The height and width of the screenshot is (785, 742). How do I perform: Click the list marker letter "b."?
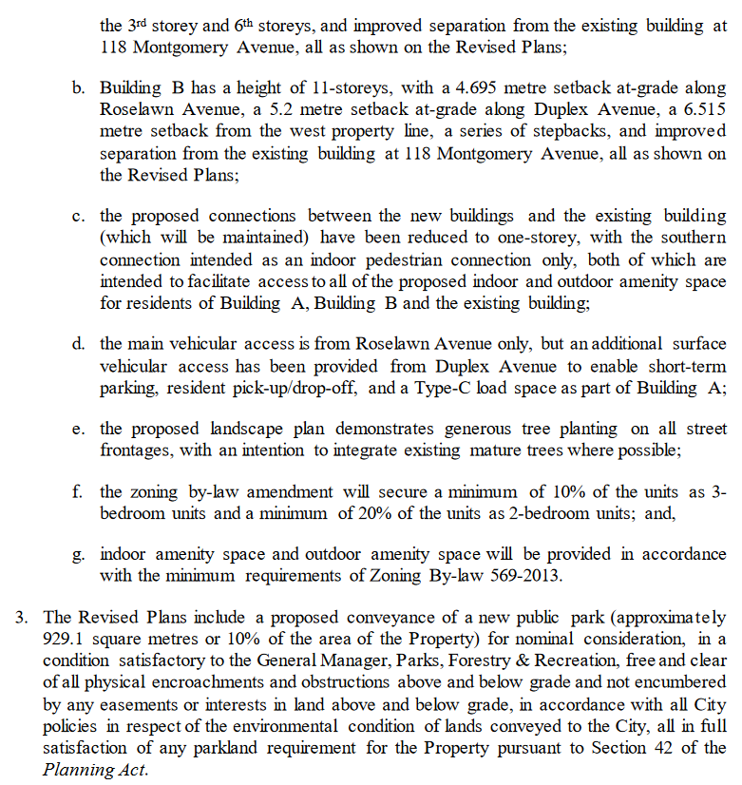click(78, 87)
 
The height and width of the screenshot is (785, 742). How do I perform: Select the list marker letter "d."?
click(78, 343)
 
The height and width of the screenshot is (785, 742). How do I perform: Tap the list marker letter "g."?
click(78, 554)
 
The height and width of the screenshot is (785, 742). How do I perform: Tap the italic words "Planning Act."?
click(96, 770)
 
